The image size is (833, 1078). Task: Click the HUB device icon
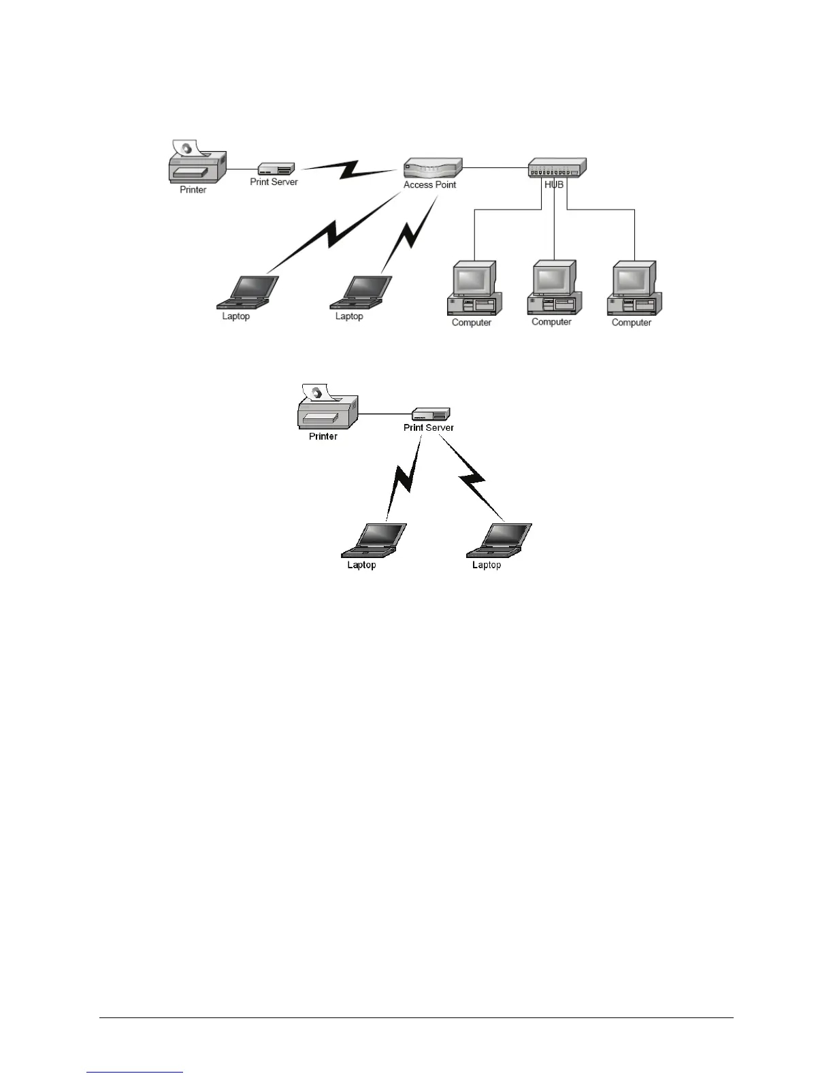coord(557,168)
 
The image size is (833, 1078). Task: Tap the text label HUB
coord(554,184)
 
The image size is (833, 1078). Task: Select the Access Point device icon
coord(433,168)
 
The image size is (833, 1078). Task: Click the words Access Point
coord(429,184)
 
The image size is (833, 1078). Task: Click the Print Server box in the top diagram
coord(276,169)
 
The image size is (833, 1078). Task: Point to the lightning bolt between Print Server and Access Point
coord(349,169)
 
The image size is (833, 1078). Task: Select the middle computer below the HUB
coord(553,287)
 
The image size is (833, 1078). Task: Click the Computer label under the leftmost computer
coord(472,323)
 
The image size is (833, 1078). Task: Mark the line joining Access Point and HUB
coord(495,167)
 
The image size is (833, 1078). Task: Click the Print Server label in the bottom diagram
coord(429,427)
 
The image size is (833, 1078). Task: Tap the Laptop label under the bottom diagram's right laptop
coord(487,565)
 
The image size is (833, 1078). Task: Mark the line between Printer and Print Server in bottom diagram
coord(385,414)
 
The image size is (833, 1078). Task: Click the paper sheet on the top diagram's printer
coord(184,148)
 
